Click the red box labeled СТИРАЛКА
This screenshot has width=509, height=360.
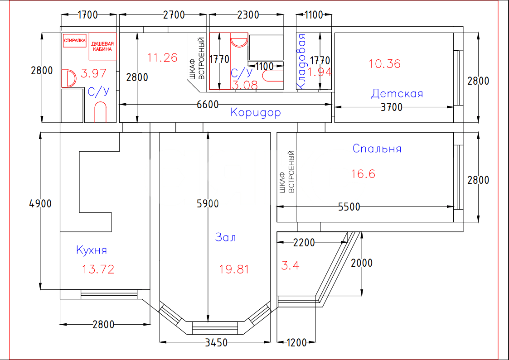pos(75,41)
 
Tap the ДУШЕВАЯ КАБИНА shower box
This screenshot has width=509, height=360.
pos(102,46)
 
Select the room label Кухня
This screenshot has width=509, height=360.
pos(92,250)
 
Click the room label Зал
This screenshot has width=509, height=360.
pos(225,237)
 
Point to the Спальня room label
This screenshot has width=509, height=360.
pos(377,149)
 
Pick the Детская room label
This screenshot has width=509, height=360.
pos(397,93)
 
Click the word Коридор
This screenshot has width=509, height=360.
pos(256,112)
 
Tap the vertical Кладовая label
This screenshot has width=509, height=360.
pos(301,62)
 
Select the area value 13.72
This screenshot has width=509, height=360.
pos(98,269)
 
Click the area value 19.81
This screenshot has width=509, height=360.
pos(234,269)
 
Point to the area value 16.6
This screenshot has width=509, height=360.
pos(363,174)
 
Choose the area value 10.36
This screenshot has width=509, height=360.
pos(384,63)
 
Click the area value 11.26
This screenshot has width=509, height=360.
pos(162,58)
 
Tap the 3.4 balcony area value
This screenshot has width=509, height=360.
pos(290,266)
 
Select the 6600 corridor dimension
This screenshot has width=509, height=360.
pos(208,105)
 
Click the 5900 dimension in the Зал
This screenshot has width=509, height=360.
pos(208,204)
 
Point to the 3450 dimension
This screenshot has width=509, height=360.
pos(216,342)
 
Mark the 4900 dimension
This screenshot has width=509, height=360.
pos(40,204)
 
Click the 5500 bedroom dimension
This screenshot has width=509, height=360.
pos(349,207)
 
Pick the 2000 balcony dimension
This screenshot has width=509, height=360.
pos(362,263)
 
